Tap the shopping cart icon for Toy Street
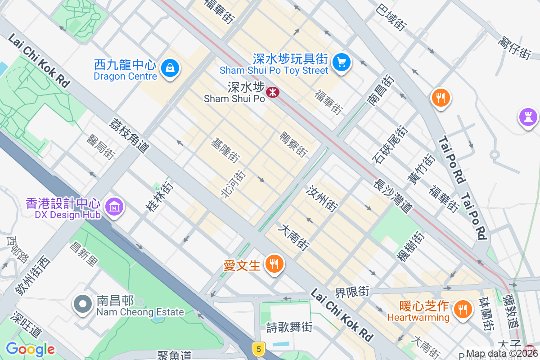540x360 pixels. click(342, 61)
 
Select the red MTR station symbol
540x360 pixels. click(272, 92)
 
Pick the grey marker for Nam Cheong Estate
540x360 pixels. click(83, 304)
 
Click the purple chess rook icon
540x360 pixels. click(528, 117)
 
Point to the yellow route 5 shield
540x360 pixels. click(257, 348)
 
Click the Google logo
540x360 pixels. click(30, 349)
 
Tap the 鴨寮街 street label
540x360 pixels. click(293, 144)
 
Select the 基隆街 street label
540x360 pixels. click(225, 150)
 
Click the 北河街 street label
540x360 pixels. click(233, 184)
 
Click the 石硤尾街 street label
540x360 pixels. click(390, 144)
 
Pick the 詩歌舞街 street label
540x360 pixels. click(289, 327)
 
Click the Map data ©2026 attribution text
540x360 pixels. click(502, 354)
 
